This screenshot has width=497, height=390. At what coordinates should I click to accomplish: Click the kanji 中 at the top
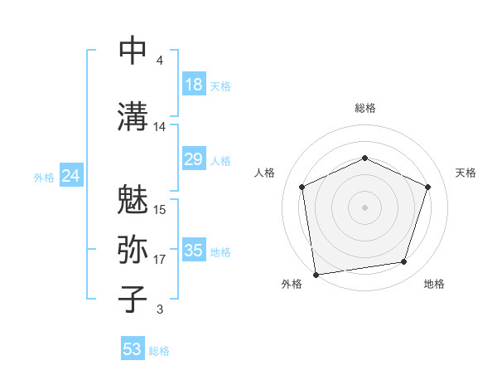[133, 51]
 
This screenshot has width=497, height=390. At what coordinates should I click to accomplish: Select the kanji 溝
[133, 117]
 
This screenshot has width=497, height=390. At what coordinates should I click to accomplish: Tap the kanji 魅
[133, 200]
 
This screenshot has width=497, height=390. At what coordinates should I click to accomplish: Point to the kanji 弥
[133, 250]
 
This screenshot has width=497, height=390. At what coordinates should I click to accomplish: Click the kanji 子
[133, 300]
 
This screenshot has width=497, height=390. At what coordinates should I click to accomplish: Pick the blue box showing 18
[194, 85]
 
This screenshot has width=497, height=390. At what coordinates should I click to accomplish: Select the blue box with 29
[194, 159]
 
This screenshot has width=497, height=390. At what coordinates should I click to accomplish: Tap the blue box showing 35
[194, 251]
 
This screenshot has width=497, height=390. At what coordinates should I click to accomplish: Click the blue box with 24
[70, 176]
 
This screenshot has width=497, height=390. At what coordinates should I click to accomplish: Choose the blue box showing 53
[133, 349]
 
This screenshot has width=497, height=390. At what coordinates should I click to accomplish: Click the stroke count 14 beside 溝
[160, 127]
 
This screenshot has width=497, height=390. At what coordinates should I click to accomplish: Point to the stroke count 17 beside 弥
[160, 260]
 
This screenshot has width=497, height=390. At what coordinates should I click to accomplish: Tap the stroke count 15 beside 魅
[160, 210]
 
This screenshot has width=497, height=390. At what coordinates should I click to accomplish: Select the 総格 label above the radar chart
[364, 108]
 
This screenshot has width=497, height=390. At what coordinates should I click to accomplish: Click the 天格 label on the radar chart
[466, 173]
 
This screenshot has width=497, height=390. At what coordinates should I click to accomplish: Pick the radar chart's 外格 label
[292, 285]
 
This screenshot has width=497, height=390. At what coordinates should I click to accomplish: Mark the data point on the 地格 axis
[404, 262]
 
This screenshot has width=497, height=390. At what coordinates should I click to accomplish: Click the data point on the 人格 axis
[302, 187]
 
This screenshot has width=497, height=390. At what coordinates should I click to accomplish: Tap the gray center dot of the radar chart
[364, 207]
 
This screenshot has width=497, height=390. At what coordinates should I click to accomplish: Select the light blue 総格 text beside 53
[159, 351]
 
